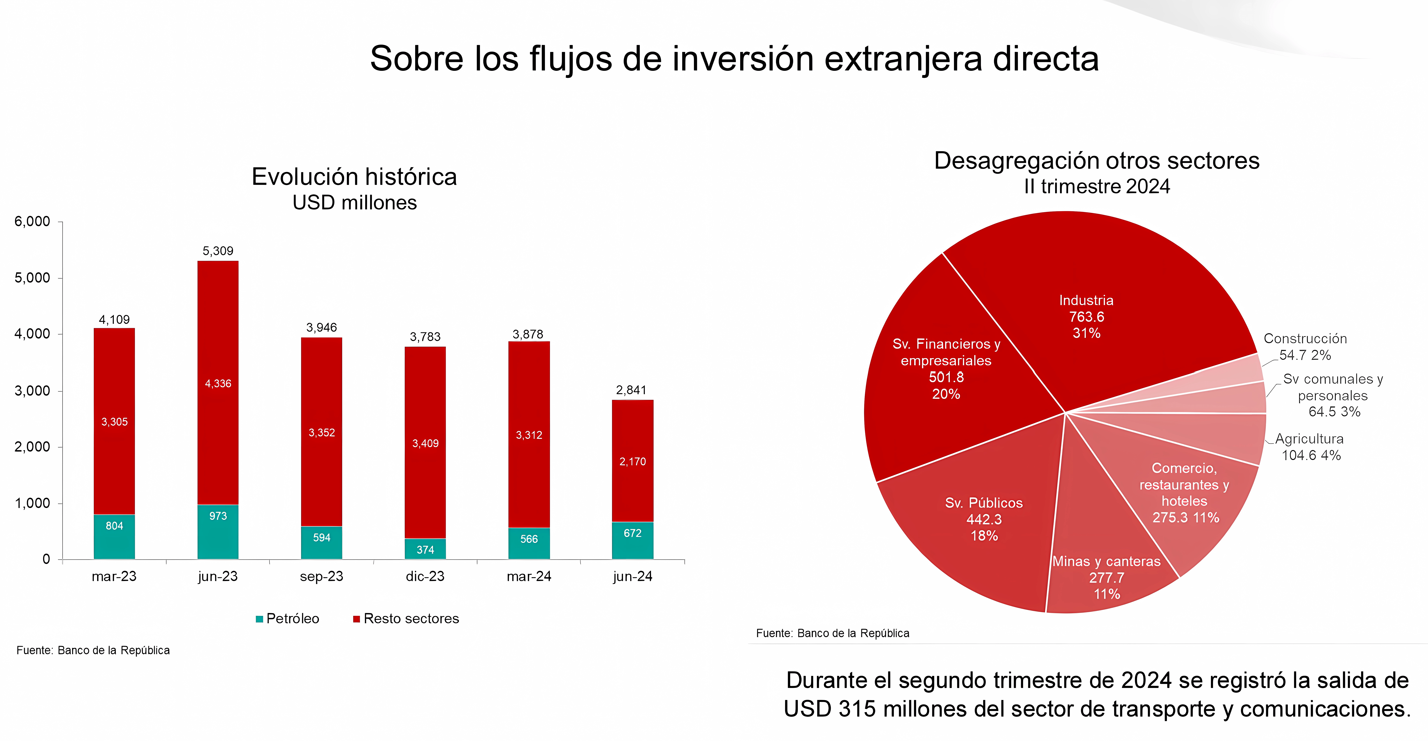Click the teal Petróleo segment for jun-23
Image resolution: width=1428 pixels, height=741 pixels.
(x=218, y=532)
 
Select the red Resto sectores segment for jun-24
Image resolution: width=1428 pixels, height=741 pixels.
(x=632, y=461)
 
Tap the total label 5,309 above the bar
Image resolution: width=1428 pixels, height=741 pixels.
(x=218, y=251)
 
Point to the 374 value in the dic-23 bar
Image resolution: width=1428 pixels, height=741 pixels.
(x=425, y=549)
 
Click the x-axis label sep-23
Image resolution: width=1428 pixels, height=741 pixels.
(x=322, y=577)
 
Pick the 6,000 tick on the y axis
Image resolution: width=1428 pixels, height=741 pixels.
(x=32, y=222)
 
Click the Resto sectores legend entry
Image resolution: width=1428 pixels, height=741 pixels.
(x=406, y=619)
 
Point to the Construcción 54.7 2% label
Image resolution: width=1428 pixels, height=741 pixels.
(x=1305, y=347)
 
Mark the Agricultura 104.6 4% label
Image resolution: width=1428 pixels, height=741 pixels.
(x=1310, y=447)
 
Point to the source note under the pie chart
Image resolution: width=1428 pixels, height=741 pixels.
(x=833, y=633)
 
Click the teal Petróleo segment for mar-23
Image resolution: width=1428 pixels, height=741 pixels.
(x=114, y=537)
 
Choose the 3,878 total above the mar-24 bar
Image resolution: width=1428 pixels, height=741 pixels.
(x=528, y=334)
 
